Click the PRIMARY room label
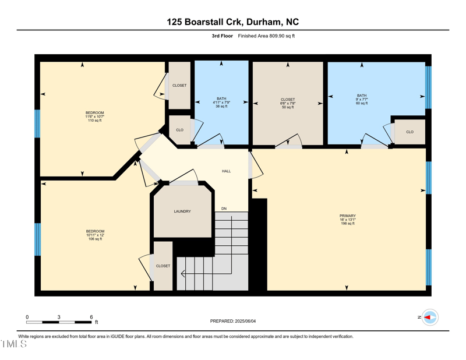click(x=347, y=216)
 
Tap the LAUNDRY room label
click(x=182, y=211)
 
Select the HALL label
click(x=226, y=171)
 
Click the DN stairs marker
click(x=224, y=209)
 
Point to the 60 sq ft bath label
click(x=362, y=100)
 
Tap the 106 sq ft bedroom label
click(x=95, y=235)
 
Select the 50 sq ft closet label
click(x=288, y=103)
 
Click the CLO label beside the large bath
click(x=409, y=132)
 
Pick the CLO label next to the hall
click(x=179, y=130)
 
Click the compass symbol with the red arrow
click(x=430, y=317)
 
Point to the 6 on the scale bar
click(x=91, y=317)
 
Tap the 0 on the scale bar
click(x=27, y=317)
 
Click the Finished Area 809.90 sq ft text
click(x=266, y=36)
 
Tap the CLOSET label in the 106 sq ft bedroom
click(x=163, y=266)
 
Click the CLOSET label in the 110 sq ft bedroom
click(x=179, y=86)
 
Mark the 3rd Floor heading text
click(x=222, y=36)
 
